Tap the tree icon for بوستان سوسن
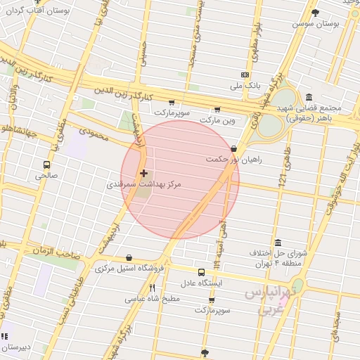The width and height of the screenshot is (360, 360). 314,13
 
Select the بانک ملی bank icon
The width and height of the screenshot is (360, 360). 245,75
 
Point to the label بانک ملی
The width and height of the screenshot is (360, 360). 245,86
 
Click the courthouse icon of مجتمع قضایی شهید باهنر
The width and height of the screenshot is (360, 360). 309,97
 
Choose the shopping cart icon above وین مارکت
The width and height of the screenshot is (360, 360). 217,109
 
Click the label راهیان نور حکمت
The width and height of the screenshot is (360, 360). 233,160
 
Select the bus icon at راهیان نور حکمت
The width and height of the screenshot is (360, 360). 233,149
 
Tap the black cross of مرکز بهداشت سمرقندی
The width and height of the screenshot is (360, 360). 144,172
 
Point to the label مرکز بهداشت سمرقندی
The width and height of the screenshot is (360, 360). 143,184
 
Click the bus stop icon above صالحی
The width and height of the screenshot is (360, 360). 47,165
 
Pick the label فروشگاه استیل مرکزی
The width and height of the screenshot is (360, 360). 129,268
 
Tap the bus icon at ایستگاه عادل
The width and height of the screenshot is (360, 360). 202,272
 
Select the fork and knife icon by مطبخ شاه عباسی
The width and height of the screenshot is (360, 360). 153,288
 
